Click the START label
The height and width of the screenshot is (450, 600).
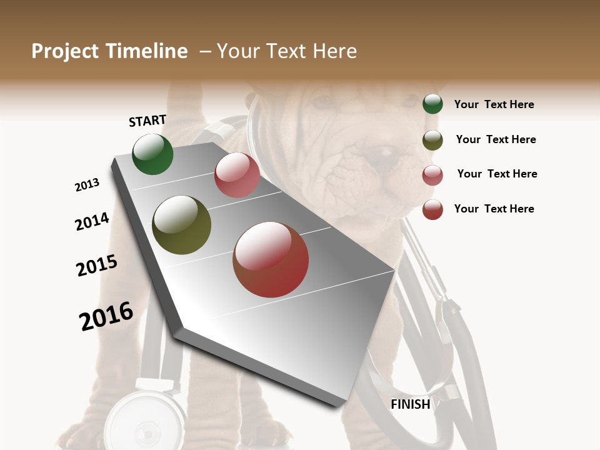click(x=147, y=121)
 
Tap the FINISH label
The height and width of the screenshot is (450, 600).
click(x=410, y=404)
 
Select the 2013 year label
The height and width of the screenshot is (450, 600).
click(x=87, y=185)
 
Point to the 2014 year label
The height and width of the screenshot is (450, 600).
click(x=92, y=221)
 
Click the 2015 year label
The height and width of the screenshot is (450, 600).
click(x=96, y=266)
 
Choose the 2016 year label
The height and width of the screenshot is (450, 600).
click(x=106, y=316)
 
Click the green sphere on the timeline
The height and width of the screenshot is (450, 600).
click(x=152, y=154)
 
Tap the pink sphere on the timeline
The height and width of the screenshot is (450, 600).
click(x=237, y=175)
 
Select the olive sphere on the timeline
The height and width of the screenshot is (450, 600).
click(x=181, y=225)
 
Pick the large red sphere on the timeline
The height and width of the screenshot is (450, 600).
click(x=271, y=259)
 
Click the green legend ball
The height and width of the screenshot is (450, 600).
click(x=432, y=104)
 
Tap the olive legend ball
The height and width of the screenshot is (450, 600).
click(x=432, y=140)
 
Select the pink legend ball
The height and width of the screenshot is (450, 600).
click(x=432, y=175)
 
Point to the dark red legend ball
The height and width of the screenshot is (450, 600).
click(x=432, y=209)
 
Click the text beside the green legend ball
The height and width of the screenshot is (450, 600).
click(x=494, y=104)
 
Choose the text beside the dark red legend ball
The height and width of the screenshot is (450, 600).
click(x=494, y=209)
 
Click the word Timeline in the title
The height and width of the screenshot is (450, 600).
click(x=145, y=51)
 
